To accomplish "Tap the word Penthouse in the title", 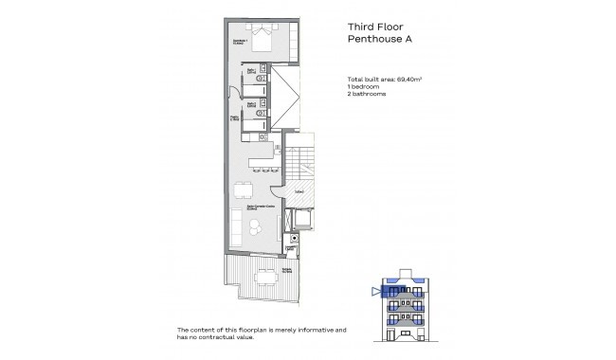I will [x=369, y=40].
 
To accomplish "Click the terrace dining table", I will [x=263, y=276].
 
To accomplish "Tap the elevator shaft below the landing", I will [x=304, y=218].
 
